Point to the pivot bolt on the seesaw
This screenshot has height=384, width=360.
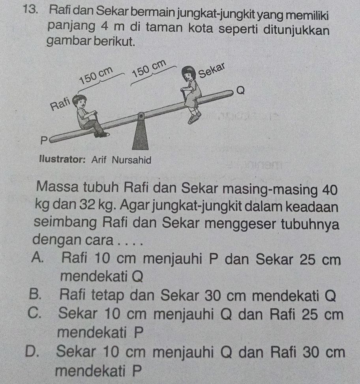click(x=139, y=116)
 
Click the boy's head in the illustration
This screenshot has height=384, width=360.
click(x=81, y=101)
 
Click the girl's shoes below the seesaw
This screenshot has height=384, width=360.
click(x=194, y=116)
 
